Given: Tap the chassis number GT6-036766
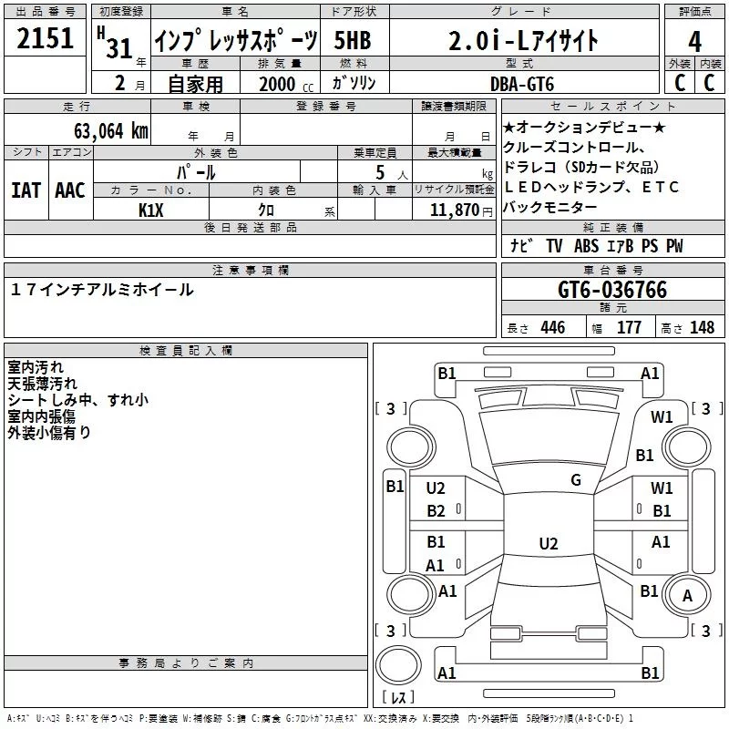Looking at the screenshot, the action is (612, 291).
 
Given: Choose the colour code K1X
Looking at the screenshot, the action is (152, 209).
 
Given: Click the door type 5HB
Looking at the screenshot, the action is (354, 41).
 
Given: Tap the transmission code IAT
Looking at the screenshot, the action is (26, 190).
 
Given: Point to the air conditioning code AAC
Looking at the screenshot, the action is (69, 190).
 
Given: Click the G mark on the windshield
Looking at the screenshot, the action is (575, 479).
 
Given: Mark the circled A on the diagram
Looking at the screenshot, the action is (688, 596).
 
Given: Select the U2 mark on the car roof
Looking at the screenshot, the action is (548, 544).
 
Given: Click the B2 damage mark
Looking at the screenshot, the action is (436, 510).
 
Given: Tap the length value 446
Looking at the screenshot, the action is (551, 328).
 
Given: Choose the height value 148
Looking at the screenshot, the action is (701, 328).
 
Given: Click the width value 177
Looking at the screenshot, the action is (629, 328).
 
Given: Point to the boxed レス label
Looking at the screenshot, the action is (397, 699).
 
